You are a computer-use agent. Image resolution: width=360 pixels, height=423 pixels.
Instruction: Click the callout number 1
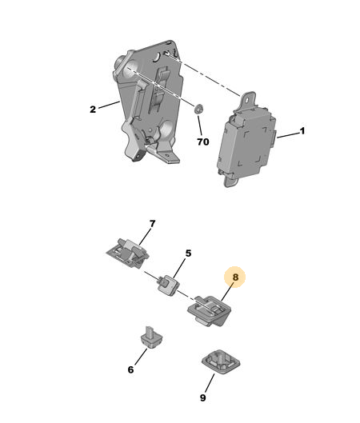(302, 131)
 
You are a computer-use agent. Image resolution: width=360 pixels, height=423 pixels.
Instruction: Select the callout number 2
(93, 110)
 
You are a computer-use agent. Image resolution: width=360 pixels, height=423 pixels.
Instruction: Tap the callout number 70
(203, 142)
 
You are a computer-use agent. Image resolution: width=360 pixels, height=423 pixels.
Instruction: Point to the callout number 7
(153, 224)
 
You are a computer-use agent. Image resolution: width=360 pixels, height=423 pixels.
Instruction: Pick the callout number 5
(188, 253)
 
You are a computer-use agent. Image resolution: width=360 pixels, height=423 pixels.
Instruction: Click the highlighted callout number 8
(235, 277)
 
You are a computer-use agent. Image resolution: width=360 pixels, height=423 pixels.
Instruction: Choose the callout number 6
(130, 369)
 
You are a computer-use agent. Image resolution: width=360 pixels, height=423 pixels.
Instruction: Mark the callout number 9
(203, 397)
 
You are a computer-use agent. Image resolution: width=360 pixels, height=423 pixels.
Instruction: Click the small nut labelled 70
(198, 109)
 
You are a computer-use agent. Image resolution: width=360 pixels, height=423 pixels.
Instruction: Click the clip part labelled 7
(127, 253)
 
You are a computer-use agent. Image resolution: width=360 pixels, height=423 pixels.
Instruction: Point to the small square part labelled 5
(169, 285)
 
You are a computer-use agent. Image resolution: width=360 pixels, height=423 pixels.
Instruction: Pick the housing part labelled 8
(210, 310)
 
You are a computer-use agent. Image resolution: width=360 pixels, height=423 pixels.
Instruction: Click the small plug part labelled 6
(152, 337)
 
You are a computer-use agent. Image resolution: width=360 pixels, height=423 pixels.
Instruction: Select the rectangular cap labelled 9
(221, 361)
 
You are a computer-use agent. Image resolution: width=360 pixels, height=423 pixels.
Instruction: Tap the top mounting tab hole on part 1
(247, 99)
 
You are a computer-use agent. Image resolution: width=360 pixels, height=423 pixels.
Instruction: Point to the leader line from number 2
(109, 105)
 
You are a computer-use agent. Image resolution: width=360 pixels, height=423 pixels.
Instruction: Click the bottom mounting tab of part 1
(230, 182)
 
